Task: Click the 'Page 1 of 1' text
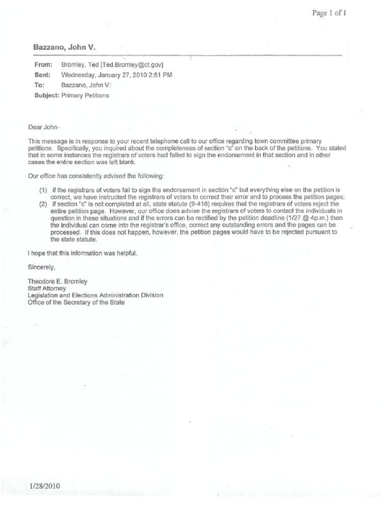pyautogui.click(x=329, y=13)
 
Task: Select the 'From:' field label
pyautogui.click(x=43, y=65)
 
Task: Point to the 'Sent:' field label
pyautogui.click(x=43, y=75)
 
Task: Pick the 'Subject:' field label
pyautogui.click(x=46, y=95)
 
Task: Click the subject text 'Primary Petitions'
pyautogui.click(x=85, y=95)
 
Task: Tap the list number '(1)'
pyautogui.click(x=43, y=190)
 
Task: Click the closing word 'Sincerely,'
pyautogui.click(x=41, y=267)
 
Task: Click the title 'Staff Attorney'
pyautogui.click(x=47, y=288)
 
